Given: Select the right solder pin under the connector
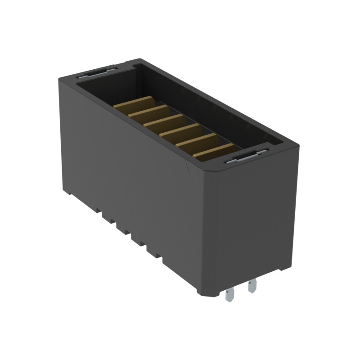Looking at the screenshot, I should [x=252, y=285].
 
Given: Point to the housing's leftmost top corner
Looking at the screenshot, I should [x=59, y=79].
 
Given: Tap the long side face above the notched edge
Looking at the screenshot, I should [x=130, y=171].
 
